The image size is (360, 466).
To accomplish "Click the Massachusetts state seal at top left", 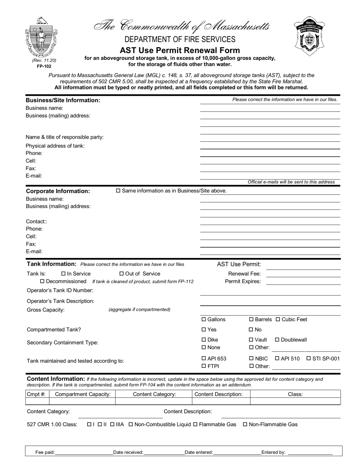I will (x=41, y=37).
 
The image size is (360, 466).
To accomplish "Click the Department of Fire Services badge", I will (x=310, y=36).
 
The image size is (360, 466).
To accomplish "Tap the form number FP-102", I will (x=44, y=66).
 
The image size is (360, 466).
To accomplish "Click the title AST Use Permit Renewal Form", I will (x=180, y=50).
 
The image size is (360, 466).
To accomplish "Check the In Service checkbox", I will (x=63, y=274).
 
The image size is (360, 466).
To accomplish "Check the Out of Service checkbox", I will (x=122, y=274).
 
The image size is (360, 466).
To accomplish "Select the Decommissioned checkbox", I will (x=42, y=281).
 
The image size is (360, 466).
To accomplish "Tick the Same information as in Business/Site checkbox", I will (x=118, y=191).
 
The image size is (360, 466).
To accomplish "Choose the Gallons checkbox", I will (x=203, y=320).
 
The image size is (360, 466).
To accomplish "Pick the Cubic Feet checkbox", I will (x=278, y=320).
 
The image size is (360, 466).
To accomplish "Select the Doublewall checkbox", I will (x=277, y=340).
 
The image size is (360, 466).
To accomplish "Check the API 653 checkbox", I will (x=203, y=359).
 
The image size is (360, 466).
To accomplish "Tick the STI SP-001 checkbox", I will (x=308, y=359).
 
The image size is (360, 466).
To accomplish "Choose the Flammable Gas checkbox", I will (x=196, y=425).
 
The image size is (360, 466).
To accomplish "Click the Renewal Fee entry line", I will (x=303, y=274).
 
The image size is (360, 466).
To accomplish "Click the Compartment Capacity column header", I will (x=83, y=394).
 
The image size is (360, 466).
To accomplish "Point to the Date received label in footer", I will (x=128, y=452).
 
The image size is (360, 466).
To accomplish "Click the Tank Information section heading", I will (x=52, y=264).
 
